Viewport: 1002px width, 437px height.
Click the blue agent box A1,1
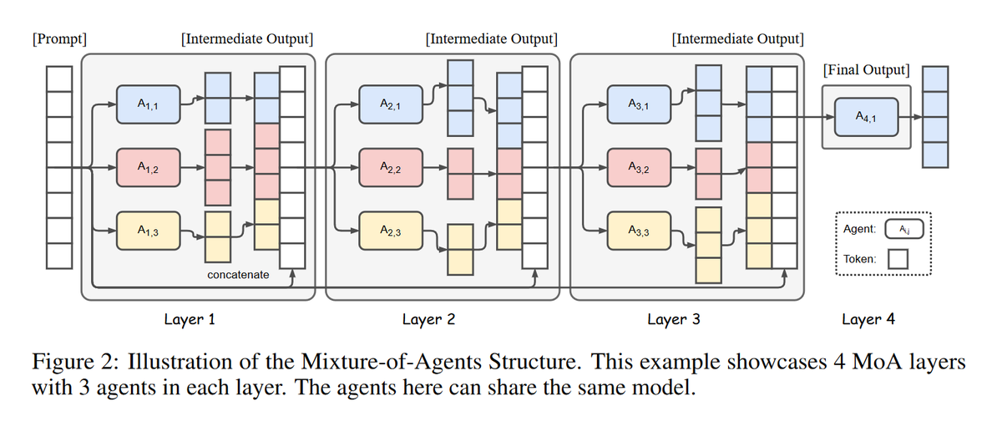point(149,104)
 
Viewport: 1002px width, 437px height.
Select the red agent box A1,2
point(149,167)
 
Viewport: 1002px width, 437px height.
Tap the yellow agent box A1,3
point(149,231)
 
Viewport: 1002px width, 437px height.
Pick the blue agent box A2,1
point(391,104)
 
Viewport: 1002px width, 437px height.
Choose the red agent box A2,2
point(391,167)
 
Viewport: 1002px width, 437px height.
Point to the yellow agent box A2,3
point(391,231)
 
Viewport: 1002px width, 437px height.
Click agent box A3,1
point(639,104)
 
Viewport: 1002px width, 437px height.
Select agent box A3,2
point(639,167)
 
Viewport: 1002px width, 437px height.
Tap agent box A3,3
point(639,231)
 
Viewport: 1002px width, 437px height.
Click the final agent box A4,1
point(866,117)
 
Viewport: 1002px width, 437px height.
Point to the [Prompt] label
point(59,39)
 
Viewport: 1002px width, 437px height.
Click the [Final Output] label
point(867,70)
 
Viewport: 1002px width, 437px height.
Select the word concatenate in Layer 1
point(238,274)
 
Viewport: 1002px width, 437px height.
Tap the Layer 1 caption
point(190,319)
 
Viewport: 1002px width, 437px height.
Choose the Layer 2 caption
point(428,319)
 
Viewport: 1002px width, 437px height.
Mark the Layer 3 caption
point(674,319)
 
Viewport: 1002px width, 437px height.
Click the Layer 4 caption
point(868,319)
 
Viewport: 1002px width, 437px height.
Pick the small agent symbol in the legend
point(904,229)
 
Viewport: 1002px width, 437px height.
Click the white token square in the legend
point(898,259)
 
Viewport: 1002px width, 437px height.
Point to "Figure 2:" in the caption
point(76,362)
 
